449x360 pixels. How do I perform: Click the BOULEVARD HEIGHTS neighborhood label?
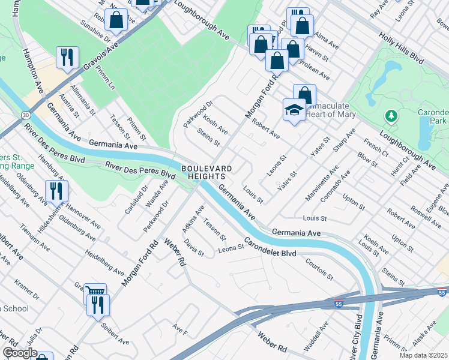[203, 173]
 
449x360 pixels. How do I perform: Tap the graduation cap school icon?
[294, 110]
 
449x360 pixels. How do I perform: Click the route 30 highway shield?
[25, 115]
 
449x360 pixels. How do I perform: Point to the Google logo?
[20, 353]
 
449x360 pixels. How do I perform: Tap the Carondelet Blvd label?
[270, 250]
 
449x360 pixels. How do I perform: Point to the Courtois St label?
[319, 269]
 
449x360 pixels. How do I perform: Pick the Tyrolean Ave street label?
[315, 71]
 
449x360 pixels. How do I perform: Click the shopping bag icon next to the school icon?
[304, 95]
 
